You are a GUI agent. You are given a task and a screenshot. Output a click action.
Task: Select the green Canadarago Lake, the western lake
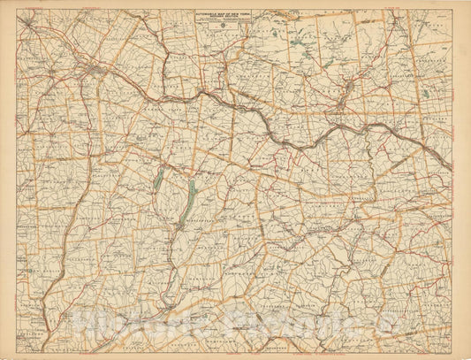coord(158,180)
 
